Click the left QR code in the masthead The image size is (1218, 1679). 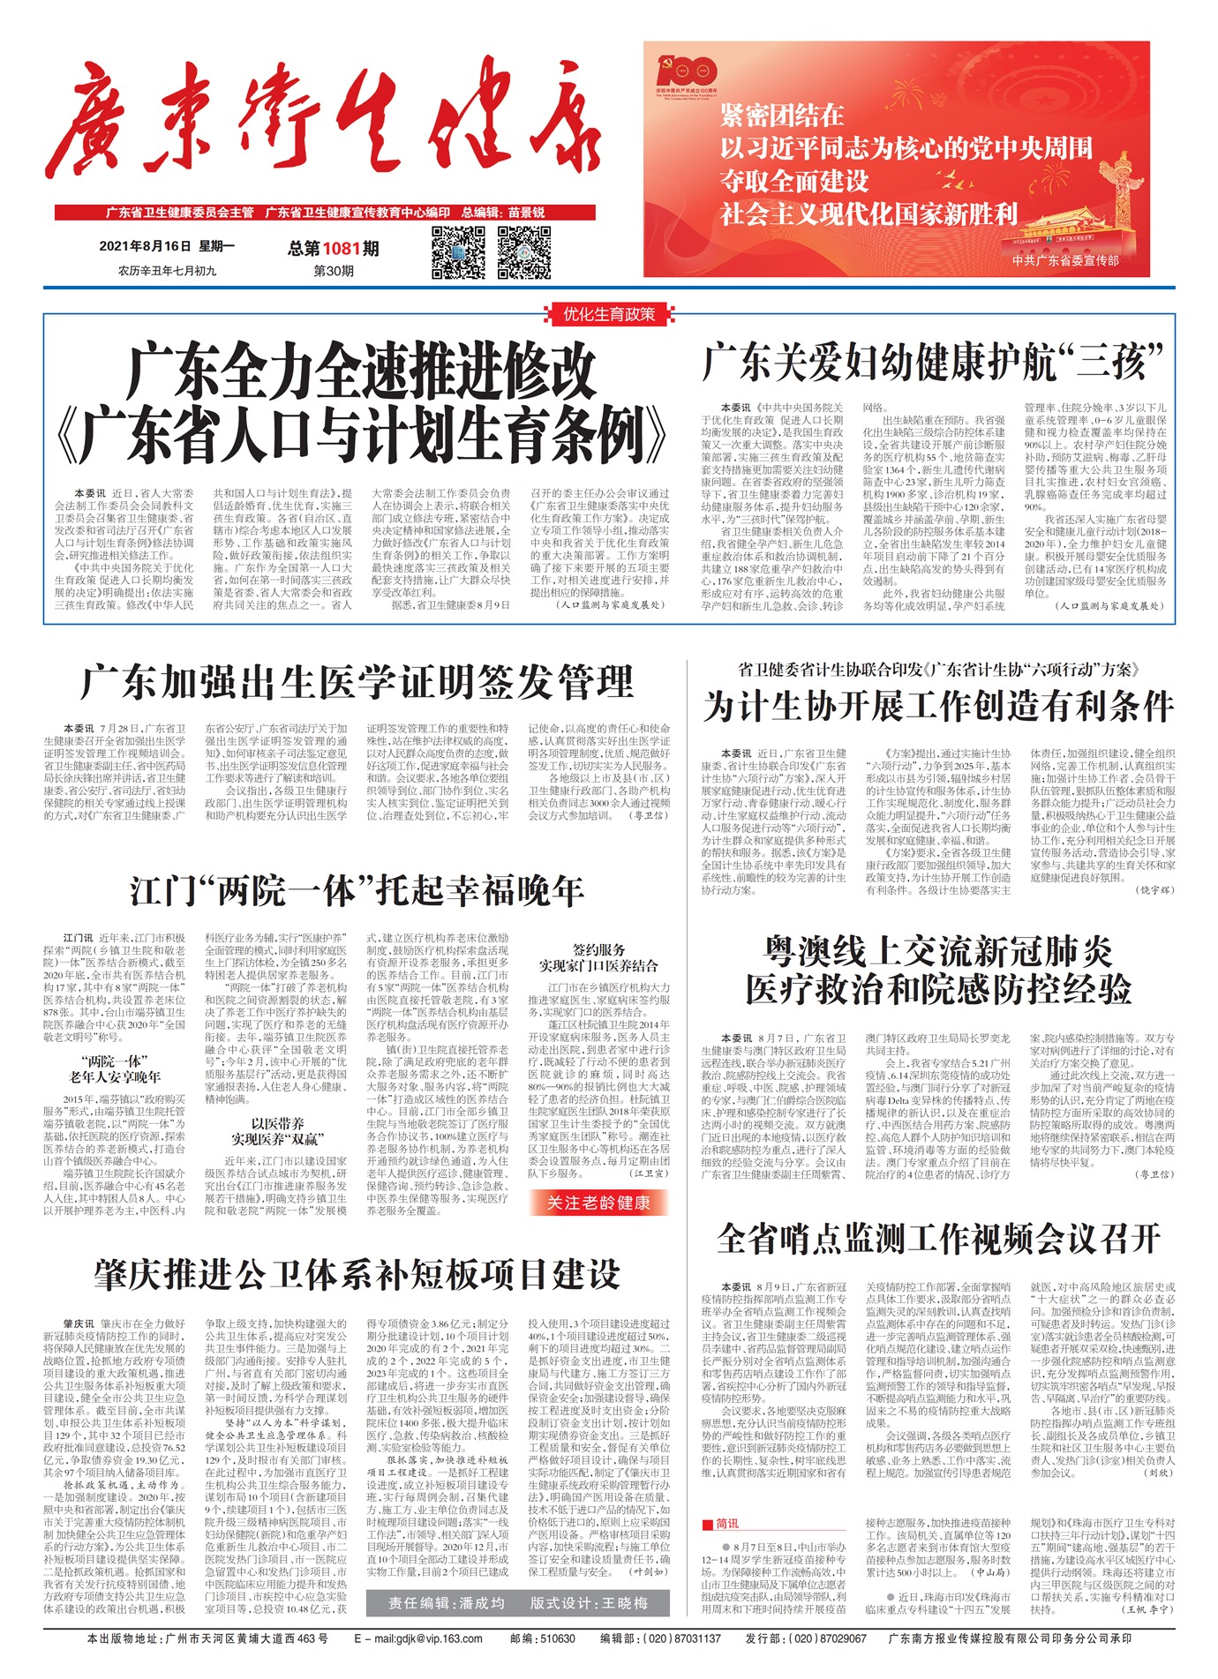(458, 252)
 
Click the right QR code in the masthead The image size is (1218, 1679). (524, 252)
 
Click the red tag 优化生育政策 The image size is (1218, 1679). (609, 314)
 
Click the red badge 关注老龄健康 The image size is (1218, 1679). (598, 1203)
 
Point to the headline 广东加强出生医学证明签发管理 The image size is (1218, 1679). (357, 682)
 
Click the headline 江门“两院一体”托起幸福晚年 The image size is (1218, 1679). (357, 890)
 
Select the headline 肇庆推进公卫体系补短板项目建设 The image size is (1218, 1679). (357, 1274)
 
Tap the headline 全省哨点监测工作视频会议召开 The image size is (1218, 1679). (938, 1238)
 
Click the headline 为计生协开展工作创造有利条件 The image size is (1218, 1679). (938, 707)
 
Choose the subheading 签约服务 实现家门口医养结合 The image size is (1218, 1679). (598, 957)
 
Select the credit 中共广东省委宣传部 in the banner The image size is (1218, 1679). (1065, 261)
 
